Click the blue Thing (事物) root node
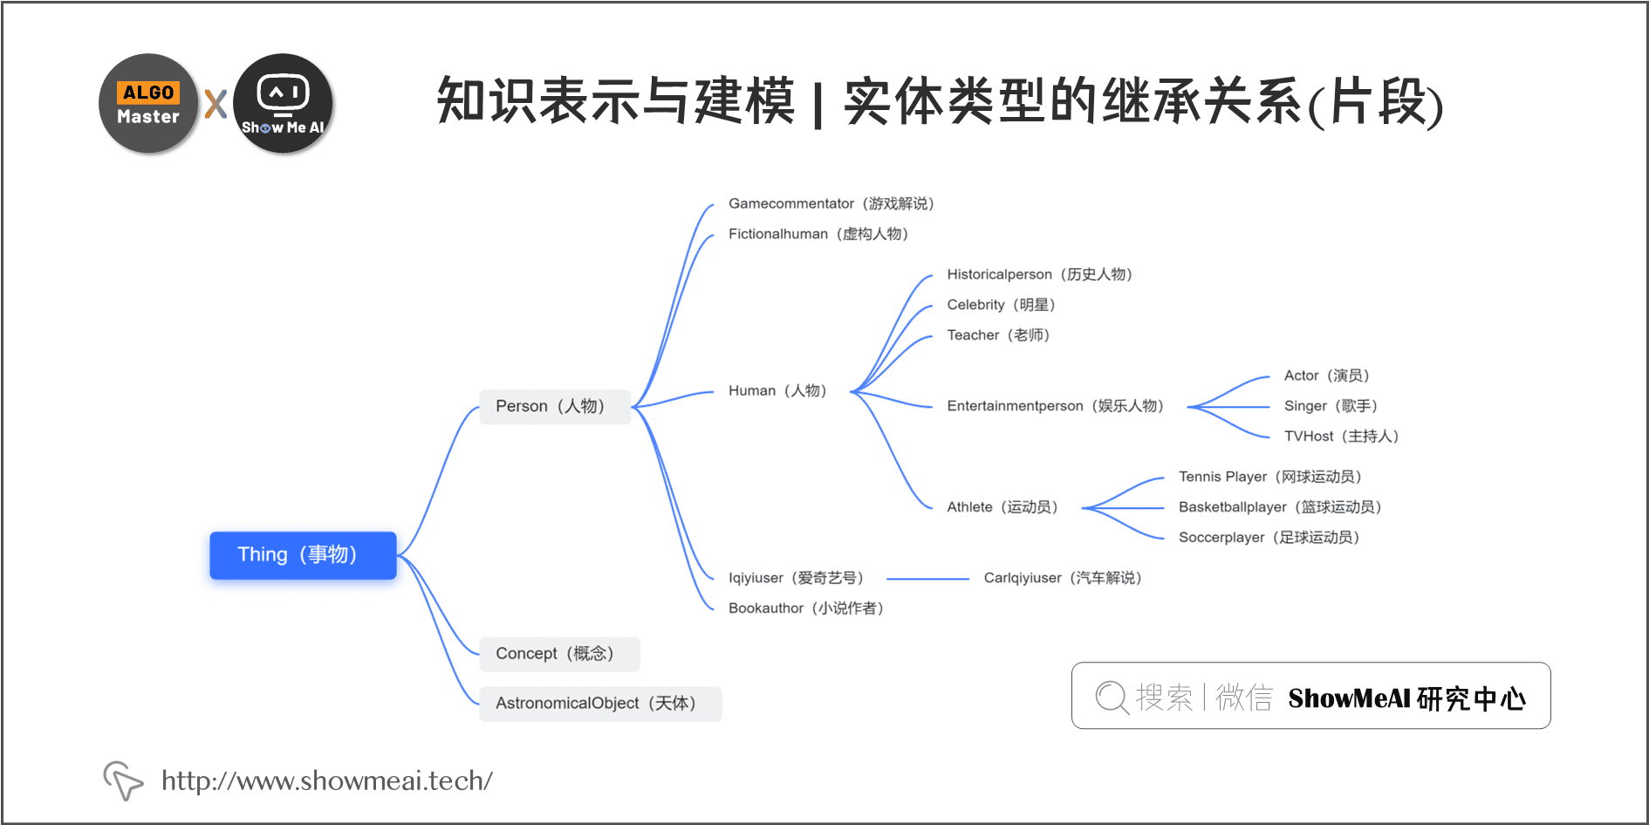(x=303, y=555)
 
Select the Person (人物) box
(x=554, y=407)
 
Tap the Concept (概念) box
(x=558, y=654)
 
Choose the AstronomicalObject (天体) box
(x=599, y=704)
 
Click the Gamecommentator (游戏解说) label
(x=831, y=203)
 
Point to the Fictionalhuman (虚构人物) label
(x=818, y=234)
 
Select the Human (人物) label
(x=777, y=391)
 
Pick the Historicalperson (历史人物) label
(x=1039, y=274)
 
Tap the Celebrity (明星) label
(x=1001, y=305)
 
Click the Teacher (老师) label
(x=998, y=335)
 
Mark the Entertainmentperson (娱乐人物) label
(x=1055, y=406)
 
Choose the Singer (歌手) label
(x=1331, y=406)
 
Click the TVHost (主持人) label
(x=1341, y=437)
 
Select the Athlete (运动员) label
(x=1002, y=507)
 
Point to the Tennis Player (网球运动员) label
(x=1269, y=477)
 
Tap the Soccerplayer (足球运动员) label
(x=1269, y=538)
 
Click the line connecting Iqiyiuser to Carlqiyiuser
(x=927, y=579)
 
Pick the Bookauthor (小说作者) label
(x=805, y=608)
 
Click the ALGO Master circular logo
(x=148, y=104)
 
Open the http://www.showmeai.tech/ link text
(x=327, y=780)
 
